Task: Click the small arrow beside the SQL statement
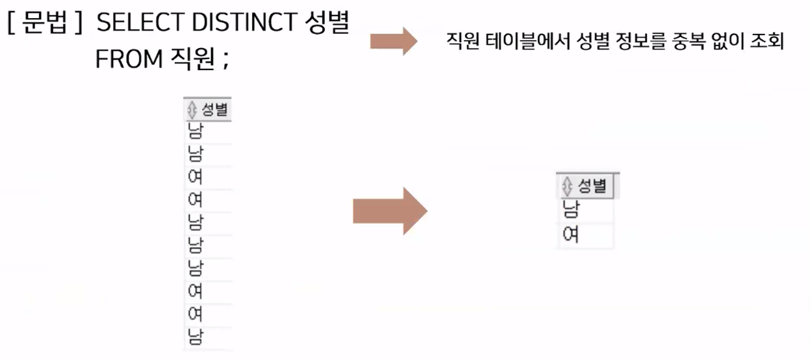click(x=393, y=41)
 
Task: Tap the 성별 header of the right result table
click(x=592, y=186)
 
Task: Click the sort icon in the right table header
click(x=567, y=186)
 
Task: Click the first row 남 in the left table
click(x=195, y=131)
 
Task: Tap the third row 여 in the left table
click(x=195, y=177)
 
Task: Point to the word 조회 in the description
click(x=771, y=42)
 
